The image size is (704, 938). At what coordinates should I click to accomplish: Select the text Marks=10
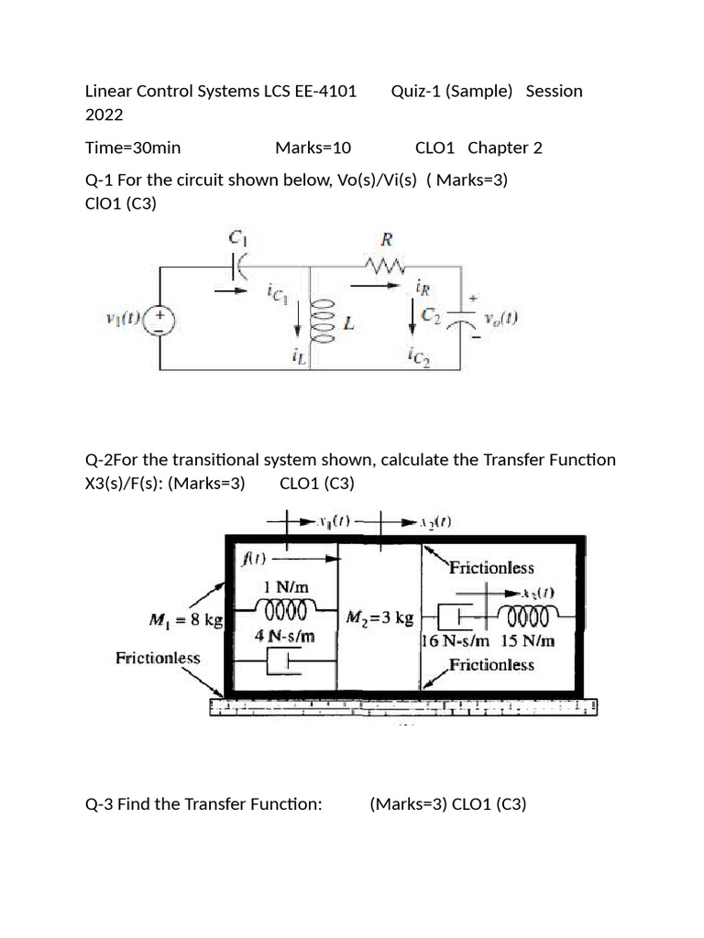click(313, 147)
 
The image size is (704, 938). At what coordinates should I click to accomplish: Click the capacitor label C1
click(237, 236)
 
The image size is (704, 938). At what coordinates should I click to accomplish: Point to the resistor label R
click(387, 240)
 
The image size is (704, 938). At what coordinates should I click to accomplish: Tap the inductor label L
click(349, 325)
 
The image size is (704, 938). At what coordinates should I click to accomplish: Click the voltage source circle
click(161, 319)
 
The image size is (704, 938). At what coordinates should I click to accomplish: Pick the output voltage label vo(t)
click(501, 319)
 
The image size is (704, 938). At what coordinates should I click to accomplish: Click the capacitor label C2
click(432, 315)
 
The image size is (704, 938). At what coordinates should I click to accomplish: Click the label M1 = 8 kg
click(186, 620)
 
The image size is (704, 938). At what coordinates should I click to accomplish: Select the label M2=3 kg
click(380, 618)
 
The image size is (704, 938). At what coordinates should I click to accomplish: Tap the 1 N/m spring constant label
click(285, 586)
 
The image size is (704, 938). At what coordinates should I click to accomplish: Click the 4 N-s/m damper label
click(285, 635)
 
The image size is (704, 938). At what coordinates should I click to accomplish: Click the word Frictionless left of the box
click(158, 657)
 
